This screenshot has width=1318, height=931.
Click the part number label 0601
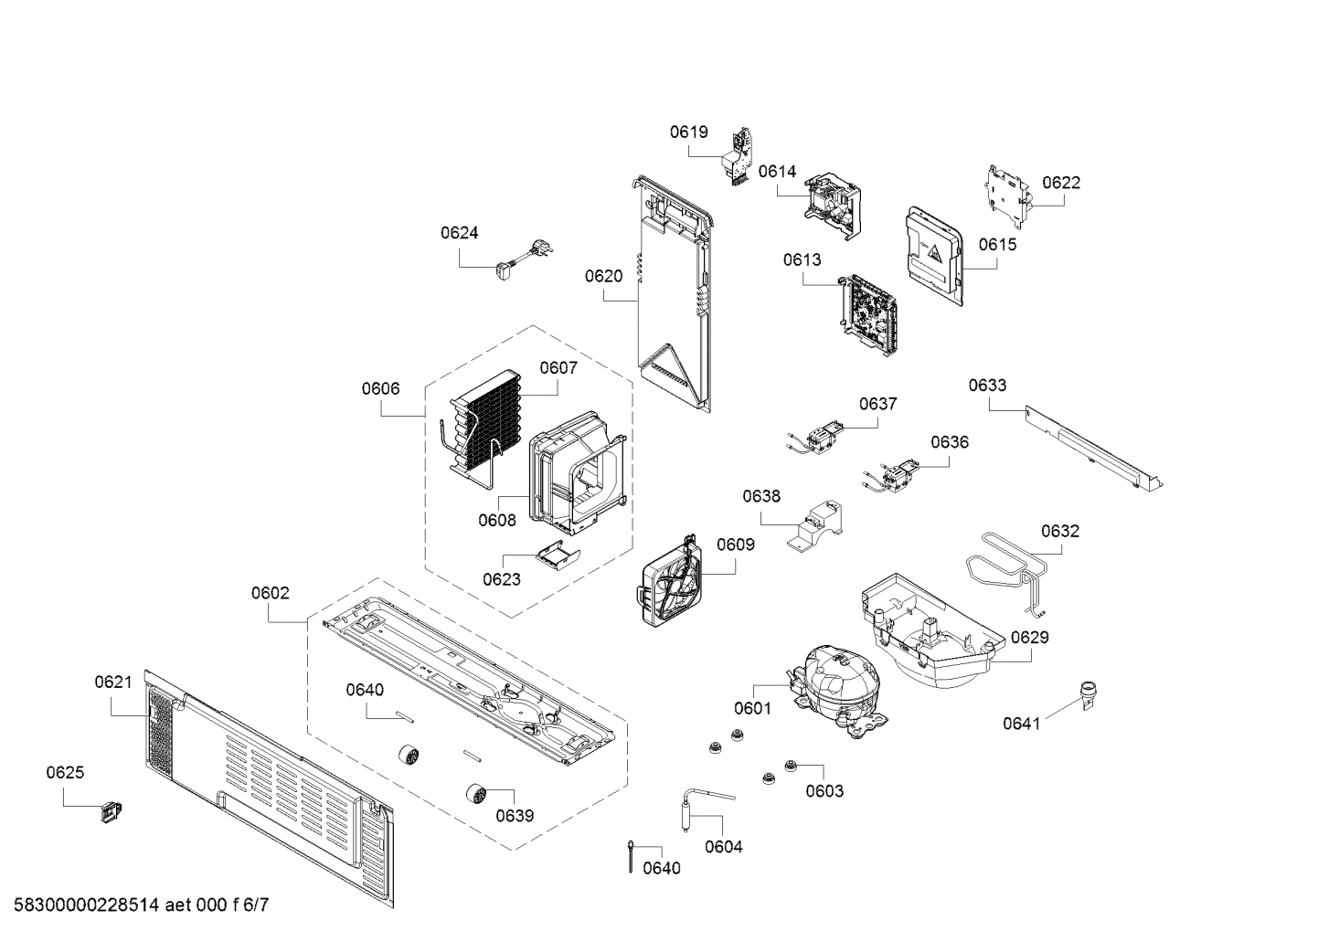(751, 707)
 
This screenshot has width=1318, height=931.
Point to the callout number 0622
(1060, 182)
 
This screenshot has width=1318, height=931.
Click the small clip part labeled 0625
(112, 809)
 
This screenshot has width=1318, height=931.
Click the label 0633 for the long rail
(987, 385)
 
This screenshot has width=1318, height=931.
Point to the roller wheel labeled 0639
(475, 793)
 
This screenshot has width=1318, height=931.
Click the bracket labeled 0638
(816, 525)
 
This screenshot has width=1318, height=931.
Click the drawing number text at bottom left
(135, 905)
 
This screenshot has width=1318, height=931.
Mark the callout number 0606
(380, 388)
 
